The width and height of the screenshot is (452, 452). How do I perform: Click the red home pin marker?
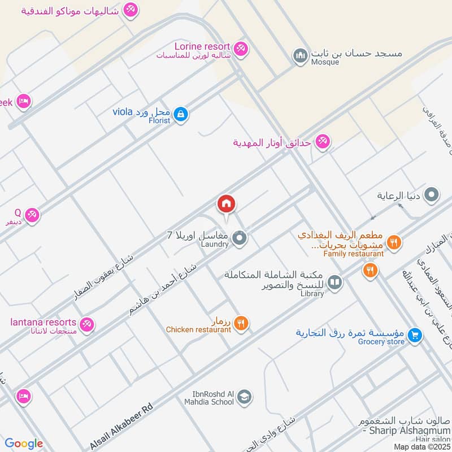point(226,204)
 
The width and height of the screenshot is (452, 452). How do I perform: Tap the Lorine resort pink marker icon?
point(241,49)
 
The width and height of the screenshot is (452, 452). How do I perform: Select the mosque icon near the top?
point(299,55)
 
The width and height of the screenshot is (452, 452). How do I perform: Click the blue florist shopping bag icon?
point(180,114)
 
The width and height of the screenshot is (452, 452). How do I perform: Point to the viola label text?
point(122,111)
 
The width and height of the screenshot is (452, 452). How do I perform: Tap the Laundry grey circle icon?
point(240,238)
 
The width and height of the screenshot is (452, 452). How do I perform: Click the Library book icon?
point(335,281)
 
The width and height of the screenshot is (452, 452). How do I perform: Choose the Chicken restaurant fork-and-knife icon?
point(241,323)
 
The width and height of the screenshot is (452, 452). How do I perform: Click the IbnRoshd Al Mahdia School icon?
point(245,397)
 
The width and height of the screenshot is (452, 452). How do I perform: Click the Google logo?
point(24,444)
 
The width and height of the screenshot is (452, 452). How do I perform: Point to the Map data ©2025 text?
point(421,446)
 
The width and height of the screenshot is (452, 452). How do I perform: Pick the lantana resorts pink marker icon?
point(87,325)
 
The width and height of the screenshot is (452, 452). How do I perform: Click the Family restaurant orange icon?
point(394,242)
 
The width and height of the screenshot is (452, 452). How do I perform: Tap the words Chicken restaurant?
point(198,329)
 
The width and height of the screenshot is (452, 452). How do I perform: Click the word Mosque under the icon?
point(325,62)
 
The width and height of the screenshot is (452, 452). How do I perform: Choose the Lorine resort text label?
point(202,46)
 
